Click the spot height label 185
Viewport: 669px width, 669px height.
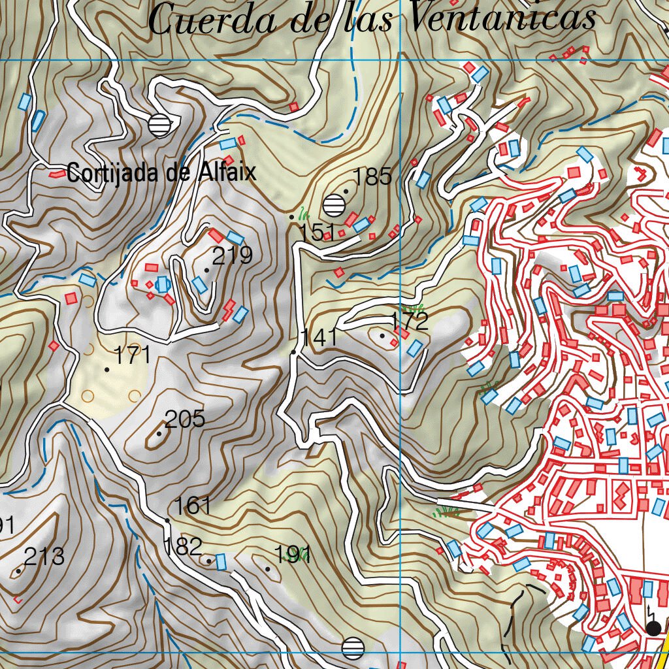372,176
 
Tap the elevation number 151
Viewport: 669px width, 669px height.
317,232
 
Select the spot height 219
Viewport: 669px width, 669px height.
233,255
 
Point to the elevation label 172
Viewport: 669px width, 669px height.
409,321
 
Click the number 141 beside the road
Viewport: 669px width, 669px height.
319,338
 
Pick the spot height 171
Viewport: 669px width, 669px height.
133,355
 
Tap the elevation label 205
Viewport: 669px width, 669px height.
185,419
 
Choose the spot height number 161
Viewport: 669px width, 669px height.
193,506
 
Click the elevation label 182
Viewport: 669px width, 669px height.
182,546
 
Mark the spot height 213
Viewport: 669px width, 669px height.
44,557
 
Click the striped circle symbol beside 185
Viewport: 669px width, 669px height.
334,205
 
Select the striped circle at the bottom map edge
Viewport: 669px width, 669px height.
353,647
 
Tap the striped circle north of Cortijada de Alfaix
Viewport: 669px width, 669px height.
159,124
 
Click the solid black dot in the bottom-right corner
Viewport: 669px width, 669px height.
653,628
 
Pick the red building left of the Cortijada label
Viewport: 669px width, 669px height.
57,175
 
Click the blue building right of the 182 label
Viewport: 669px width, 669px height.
221,561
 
